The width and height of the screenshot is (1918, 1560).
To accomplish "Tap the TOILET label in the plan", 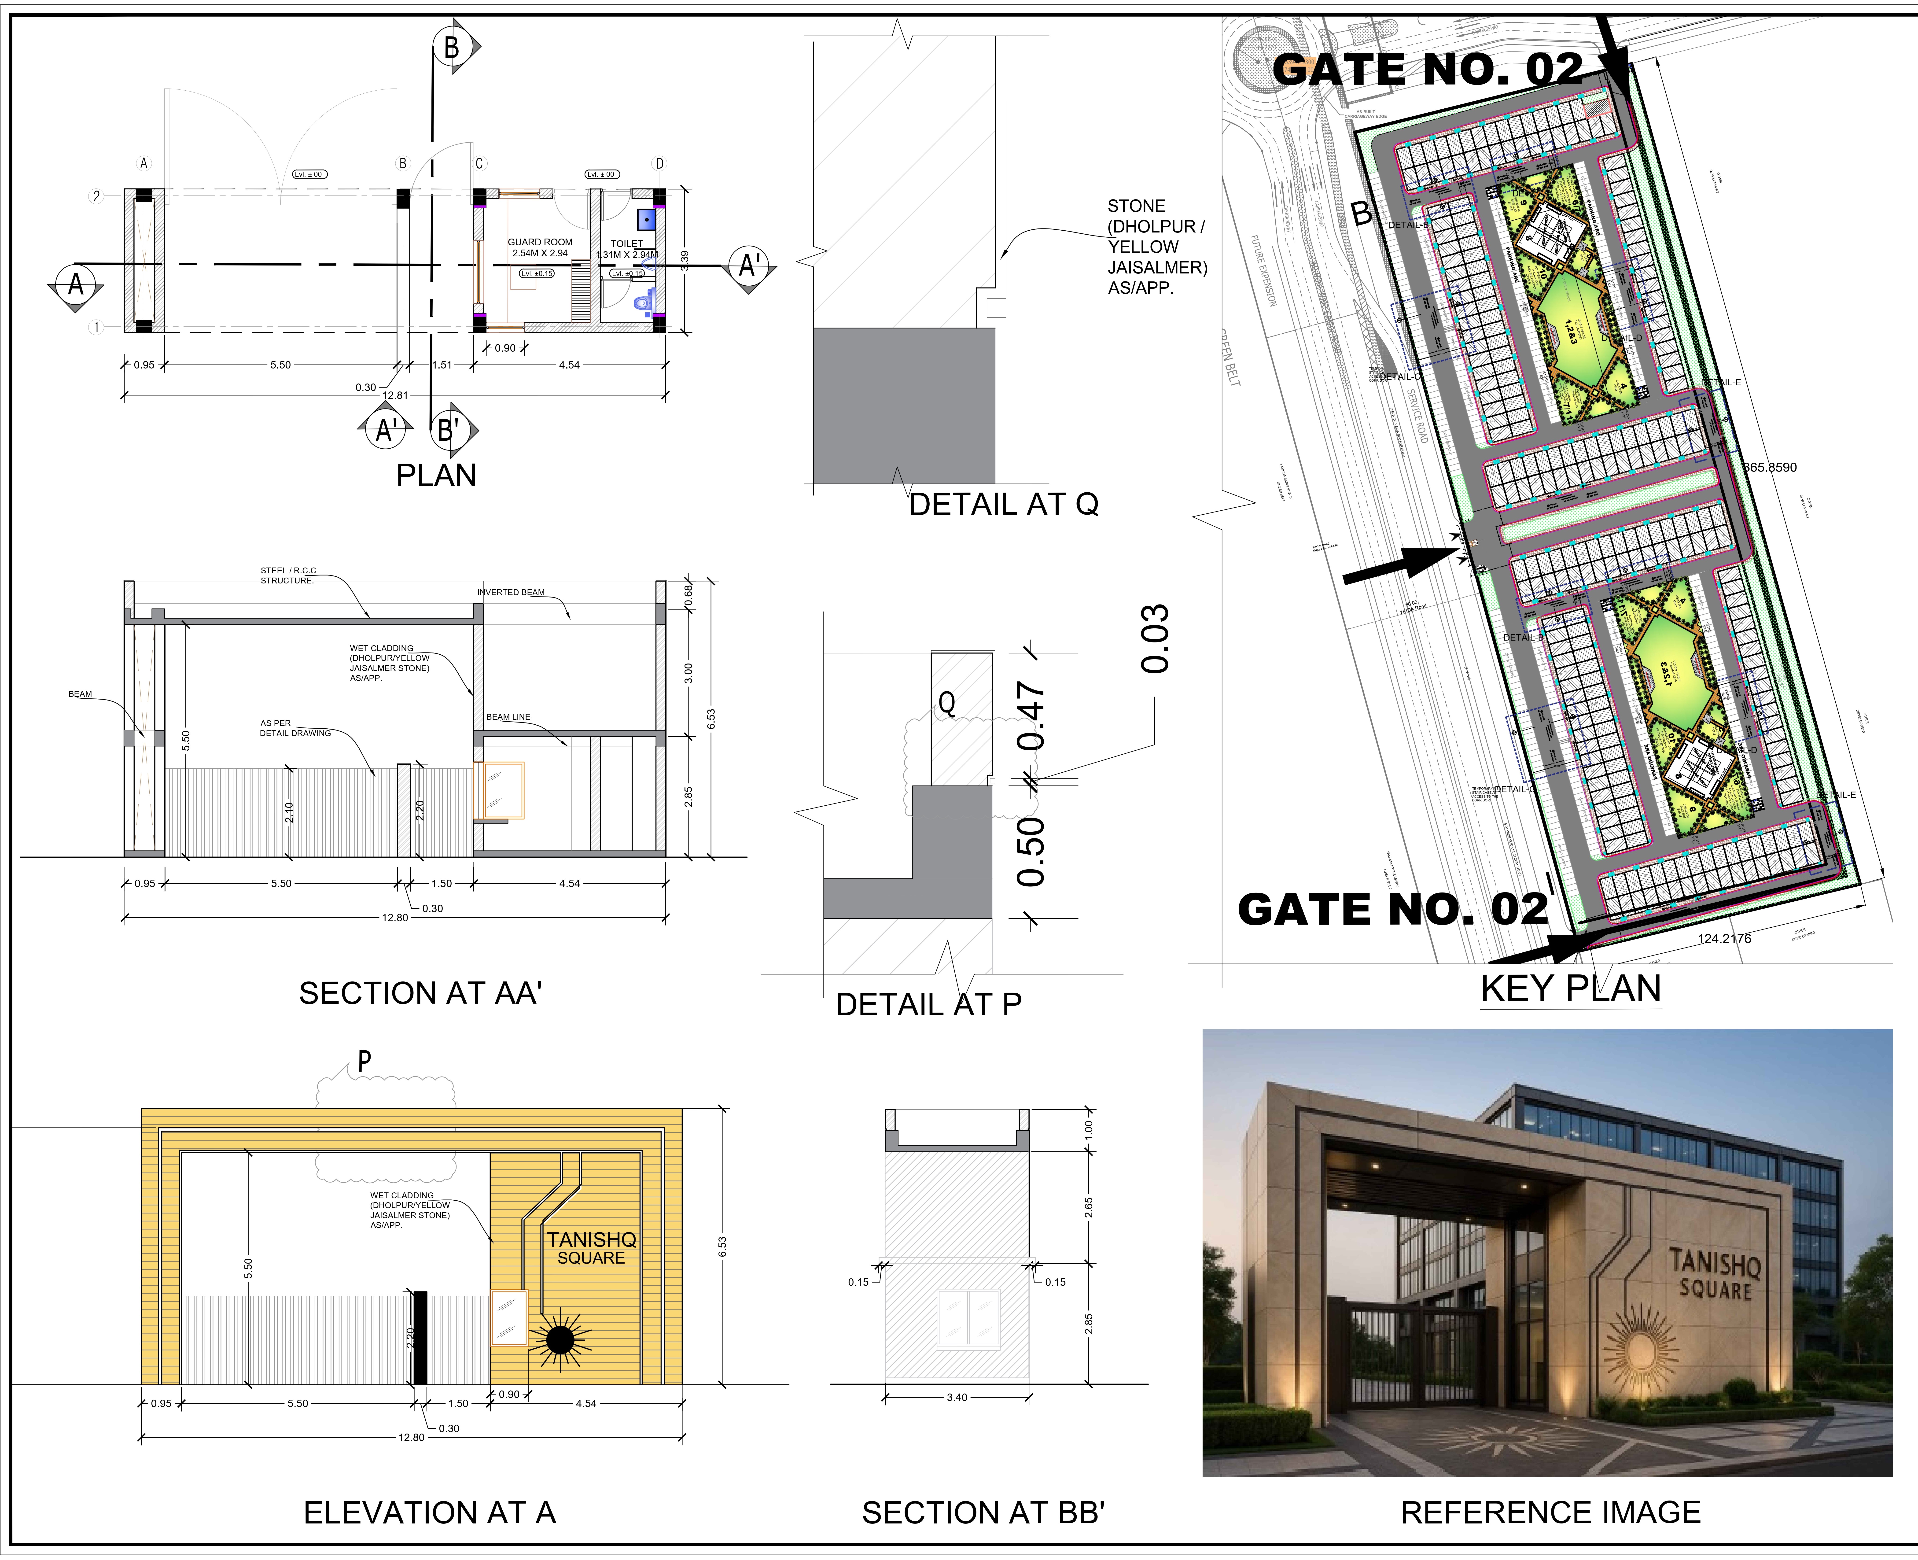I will pyautogui.click(x=626, y=243).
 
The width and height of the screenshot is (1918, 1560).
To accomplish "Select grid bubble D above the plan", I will pyautogui.click(x=659, y=164).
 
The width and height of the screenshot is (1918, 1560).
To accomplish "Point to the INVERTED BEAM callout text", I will pyautogui.click(x=510, y=592).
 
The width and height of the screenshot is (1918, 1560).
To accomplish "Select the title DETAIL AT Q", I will pyautogui.click(x=1003, y=505).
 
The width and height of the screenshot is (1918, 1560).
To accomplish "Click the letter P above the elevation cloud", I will pyautogui.click(x=364, y=1061).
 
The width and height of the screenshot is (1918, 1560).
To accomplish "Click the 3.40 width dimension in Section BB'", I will pyautogui.click(x=957, y=1397).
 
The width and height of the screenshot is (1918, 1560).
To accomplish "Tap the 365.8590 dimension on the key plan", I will pyautogui.click(x=1770, y=467).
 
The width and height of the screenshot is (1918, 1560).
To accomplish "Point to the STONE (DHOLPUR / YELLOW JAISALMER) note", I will pyautogui.click(x=1156, y=246).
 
